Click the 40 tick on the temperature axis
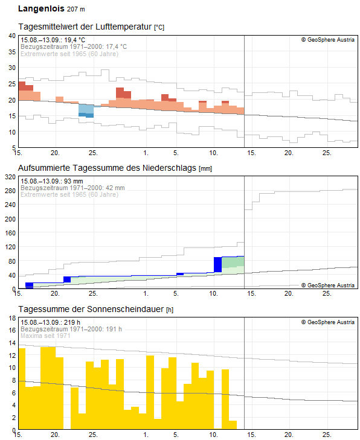(11, 36)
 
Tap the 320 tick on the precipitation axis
(10, 177)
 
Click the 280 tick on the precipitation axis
(10, 191)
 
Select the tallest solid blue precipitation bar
(217, 264)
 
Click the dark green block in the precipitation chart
(233, 262)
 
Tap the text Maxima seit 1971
(45, 336)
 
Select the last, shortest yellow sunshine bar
(233, 425)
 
